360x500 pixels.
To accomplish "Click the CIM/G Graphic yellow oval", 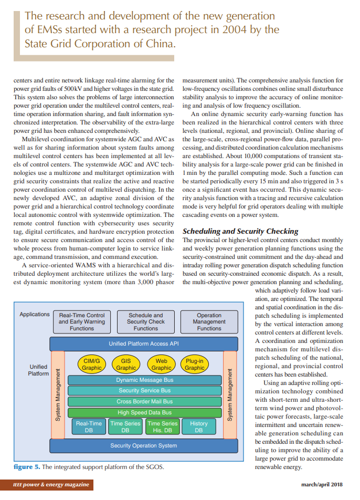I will [92, 364].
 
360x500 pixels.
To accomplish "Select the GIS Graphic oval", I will [126, 364].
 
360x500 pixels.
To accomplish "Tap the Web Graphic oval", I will [161, 364].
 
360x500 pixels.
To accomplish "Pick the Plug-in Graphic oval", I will [195, 364].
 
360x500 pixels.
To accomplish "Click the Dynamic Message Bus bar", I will [144, 380].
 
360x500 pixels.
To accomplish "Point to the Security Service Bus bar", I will [144, 390].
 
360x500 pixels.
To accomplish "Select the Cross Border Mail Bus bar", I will [144, 401].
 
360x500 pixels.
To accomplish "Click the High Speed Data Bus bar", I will [144, 412].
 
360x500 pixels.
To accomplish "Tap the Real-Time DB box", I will [89, 426].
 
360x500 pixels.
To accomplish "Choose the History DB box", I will [199, 426].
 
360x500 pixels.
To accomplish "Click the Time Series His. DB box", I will [163, 426].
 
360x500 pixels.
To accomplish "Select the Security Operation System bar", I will [143, 445].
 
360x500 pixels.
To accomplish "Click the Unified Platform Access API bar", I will [143, 343].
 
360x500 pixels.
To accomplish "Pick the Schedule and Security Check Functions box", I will [145, 321].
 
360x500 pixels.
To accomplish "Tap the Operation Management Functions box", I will [209, 321].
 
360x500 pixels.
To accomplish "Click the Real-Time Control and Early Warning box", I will [82, 321].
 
